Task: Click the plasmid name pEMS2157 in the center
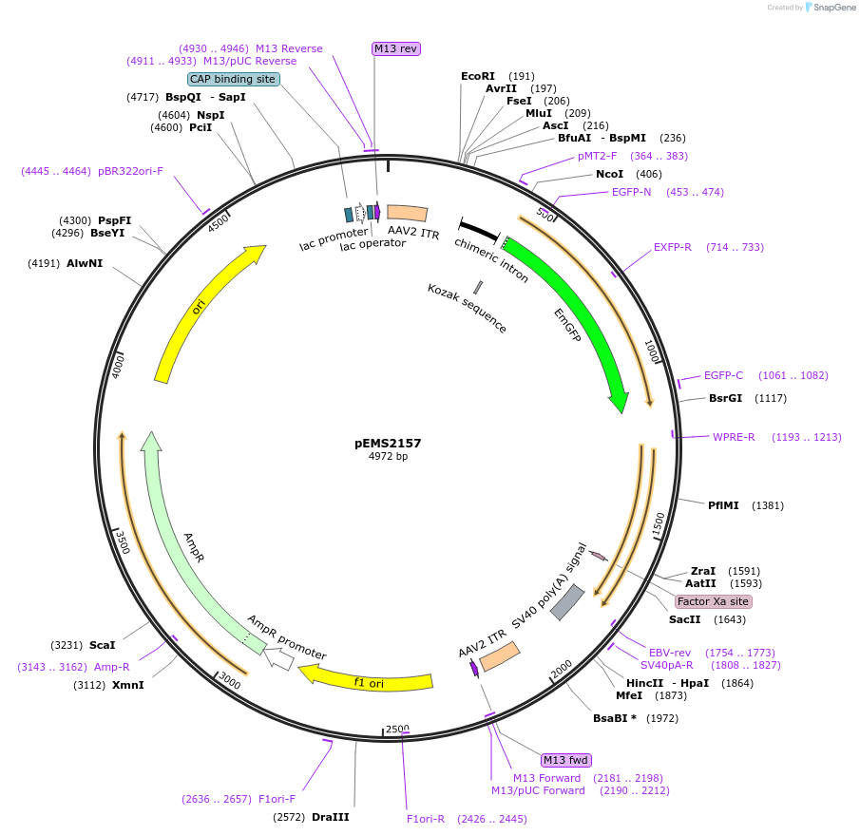click(388, 443)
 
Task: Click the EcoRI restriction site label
click(478, 76)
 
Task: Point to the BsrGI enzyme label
click(725, 398)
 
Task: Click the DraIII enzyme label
click(331, 817)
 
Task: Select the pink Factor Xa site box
click(713, 601)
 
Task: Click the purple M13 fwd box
click(566, 760)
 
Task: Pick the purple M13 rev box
click(395, 48)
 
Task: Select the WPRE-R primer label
click(734, 437)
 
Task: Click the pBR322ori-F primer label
click(131, 171)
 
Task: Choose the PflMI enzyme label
click(723, 505)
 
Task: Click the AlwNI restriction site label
click(85, 263)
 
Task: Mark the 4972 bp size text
click(388, 457)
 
